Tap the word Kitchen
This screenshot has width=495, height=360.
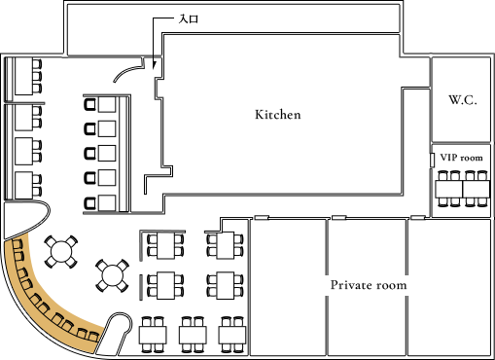click(x=278, y=115)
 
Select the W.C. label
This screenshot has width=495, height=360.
click(x=462, y=100)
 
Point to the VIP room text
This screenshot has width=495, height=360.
click(x=461, y=157)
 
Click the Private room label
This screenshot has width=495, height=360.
click(x=369, y=285)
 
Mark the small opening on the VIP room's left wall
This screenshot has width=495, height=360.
click(x=432, y=158)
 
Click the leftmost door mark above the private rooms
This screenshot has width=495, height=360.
click(x=262, y=217)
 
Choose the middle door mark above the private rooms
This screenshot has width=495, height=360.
click(x=338, y=217)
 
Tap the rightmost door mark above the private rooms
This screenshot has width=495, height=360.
click(x=416, y=217)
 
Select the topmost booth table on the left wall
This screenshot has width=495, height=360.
click(x=23, y=76)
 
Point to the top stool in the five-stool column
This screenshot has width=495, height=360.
click(x=91, y=103)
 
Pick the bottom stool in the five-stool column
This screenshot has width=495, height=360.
click(x=91, y=202)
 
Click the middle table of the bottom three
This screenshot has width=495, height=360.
click(x=193, y=336)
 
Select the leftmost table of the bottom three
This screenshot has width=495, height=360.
click(x=154, y=336)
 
